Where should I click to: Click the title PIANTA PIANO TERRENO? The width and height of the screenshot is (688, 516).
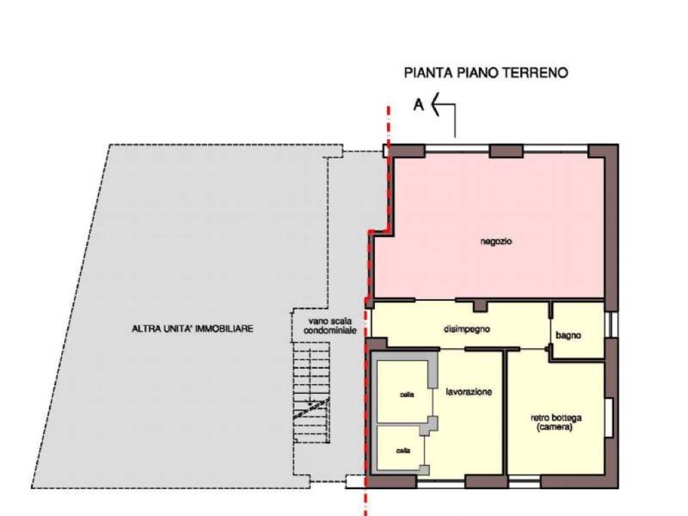(x=486, y=73)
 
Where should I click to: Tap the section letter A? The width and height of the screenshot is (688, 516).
(x=419, y=105)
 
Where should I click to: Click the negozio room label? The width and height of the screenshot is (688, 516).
(x=496, y=241)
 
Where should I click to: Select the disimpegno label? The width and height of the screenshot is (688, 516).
(x=466, y=329)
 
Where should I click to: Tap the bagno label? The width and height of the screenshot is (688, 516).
(x=568, y=336)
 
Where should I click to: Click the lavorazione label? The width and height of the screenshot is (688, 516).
(x=468, y=392)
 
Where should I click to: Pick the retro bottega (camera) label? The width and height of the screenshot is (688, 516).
(x=556, y=422)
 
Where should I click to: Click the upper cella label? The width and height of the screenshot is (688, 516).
(x=406, y=394)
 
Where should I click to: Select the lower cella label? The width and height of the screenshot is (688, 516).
(x=403, y=451)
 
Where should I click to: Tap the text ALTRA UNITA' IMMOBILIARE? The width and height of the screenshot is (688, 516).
(x=193, y=328)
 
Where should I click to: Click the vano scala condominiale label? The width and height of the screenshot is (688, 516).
(x=330, y=326)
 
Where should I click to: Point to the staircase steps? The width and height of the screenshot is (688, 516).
(x=311, y=393)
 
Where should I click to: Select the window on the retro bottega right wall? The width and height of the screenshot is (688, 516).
(x=609, y=417)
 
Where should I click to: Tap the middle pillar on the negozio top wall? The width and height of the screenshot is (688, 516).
(x=506, y=151)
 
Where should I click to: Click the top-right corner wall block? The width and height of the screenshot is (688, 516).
(x=603, y=151)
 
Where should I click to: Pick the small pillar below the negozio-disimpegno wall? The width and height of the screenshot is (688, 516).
(x=480, y=306)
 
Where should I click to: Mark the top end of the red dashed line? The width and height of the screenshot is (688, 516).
(x=388, y=107)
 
